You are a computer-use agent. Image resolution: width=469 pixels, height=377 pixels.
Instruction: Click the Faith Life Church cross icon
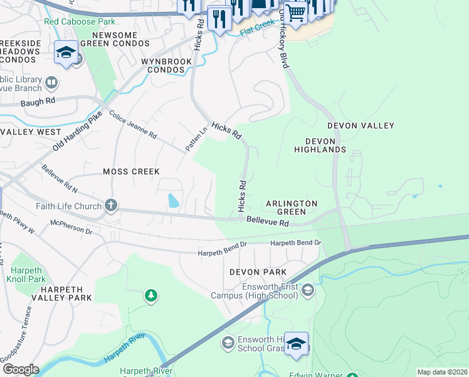(111, 206)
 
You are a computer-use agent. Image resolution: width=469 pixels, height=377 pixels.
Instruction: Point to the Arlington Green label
(292, 207)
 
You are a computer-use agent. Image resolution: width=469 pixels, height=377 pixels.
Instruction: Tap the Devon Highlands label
(320, 145)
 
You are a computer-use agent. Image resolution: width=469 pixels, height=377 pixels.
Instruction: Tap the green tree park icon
(150, 295)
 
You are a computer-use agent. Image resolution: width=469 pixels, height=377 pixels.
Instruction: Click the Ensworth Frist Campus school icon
(308, 290)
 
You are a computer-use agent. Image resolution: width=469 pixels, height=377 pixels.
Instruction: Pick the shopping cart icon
(296, 12)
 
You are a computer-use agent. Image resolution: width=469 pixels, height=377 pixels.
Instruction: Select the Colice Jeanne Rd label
(133, 125)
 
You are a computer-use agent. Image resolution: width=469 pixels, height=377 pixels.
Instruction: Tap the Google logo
(20, 369)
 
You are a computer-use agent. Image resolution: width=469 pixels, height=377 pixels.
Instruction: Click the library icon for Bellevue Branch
(51, 82)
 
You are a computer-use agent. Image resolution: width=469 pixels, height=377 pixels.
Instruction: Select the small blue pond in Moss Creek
(172, 201)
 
